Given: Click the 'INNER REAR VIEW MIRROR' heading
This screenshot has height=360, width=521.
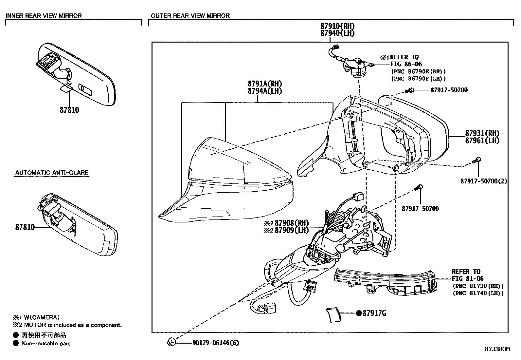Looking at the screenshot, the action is (44, 16).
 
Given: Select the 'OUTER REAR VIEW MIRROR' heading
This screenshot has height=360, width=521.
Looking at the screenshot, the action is (190, 16).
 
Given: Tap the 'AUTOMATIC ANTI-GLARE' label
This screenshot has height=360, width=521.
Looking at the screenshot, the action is (52, 173).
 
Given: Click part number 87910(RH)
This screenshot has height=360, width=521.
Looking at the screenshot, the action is (337, 26).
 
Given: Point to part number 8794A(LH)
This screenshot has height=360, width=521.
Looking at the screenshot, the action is (265, 91).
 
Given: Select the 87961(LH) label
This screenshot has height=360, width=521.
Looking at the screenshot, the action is (482, 141).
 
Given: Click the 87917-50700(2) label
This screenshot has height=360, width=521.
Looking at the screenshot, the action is (484, 181).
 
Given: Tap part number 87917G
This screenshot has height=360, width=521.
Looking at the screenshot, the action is (374, 313).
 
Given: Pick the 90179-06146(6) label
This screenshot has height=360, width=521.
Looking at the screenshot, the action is (216, 343).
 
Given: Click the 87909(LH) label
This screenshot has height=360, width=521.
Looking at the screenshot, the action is (292, 230).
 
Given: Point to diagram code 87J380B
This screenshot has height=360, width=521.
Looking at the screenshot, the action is (497, 349).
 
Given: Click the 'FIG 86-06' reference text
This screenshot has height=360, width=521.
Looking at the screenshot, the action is (406, 64).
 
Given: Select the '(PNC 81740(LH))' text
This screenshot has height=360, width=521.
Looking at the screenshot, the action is (478, 293).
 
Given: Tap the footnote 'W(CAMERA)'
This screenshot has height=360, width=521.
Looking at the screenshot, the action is (42, 317).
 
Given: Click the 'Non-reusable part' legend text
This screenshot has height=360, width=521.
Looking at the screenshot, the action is (46, 343).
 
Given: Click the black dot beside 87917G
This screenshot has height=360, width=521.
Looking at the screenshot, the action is (359, 313).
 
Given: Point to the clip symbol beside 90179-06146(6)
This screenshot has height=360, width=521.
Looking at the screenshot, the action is (172, 342).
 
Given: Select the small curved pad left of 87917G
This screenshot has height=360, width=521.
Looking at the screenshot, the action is (334, 315).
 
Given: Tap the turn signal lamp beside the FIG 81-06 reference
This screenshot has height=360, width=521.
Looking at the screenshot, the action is (386, 282).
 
